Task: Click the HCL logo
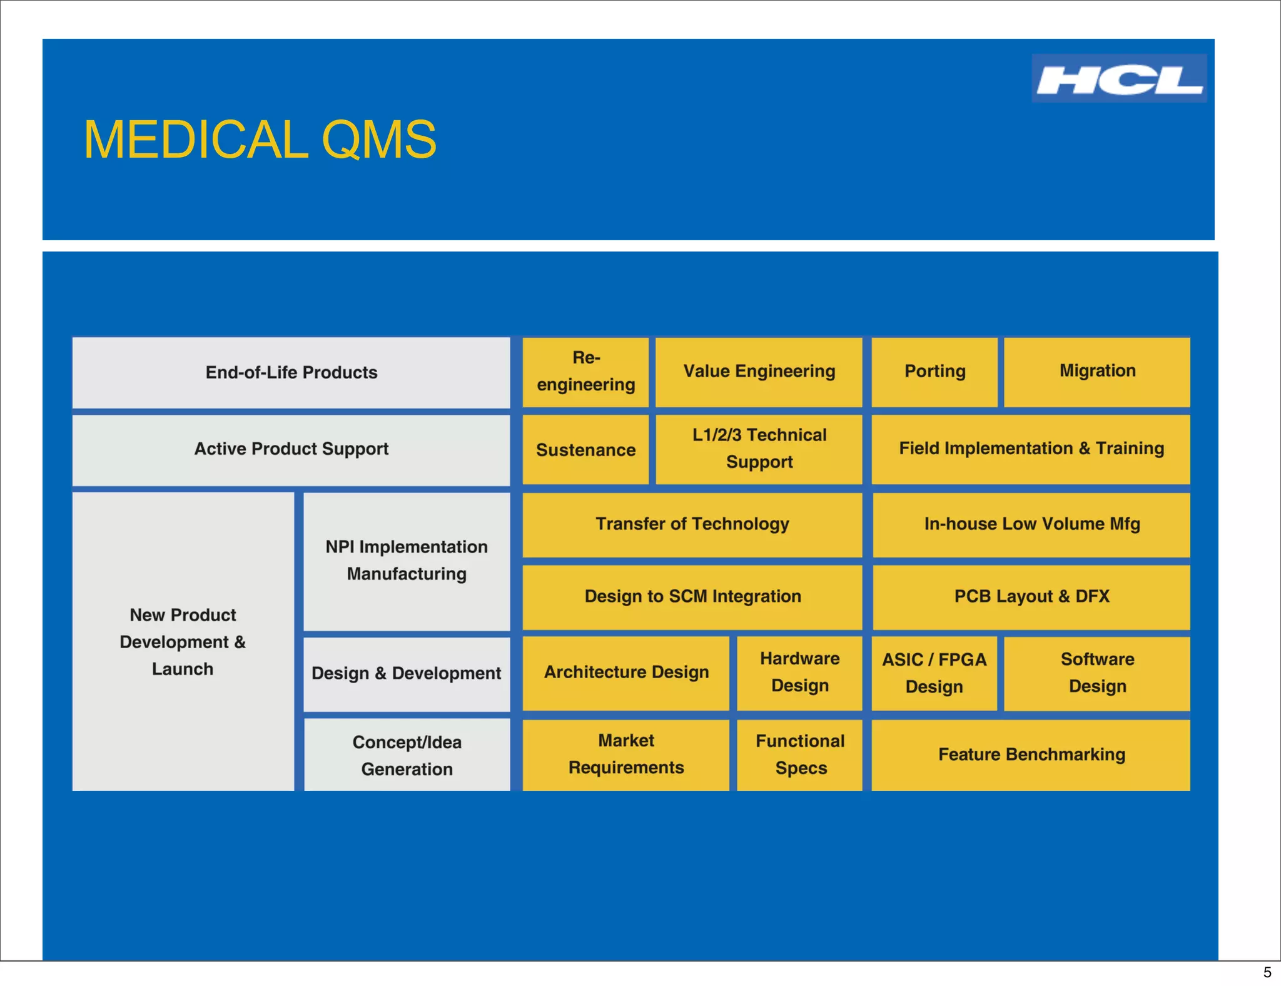[x=1118, y=78]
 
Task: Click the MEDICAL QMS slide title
[x=260, y=140]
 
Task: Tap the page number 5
[x=1267, y=972]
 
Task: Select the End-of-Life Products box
[x=291, y=372]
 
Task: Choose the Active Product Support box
[x=291, y=449]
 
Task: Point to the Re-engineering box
[x=585, y=372]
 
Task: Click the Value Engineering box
[x=759, y=372]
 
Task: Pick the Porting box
[x=934, y=372]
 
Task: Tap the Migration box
[x=1097, y=372]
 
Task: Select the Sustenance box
[x=585, y=449]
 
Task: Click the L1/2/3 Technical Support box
[x=759, y=449]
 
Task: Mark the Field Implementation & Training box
[x=1031, y=449]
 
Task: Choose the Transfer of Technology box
[x=692, y=524]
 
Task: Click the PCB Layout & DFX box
[x=1031, y=597]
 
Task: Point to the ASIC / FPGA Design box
[x=934, y=673]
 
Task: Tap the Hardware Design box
[x=799, y=673]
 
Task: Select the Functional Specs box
[x=799, y=755]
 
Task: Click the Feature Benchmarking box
[x=1031, y=755]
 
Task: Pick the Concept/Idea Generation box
[x=407, y=755]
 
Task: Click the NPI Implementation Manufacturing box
[x=407, y=561]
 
